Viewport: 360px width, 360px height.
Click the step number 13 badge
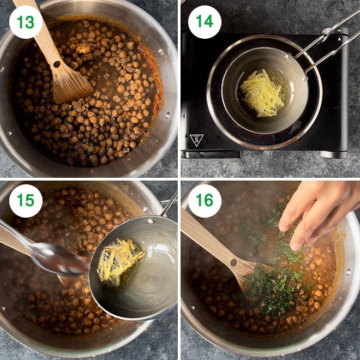26,22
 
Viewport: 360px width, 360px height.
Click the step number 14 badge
205,22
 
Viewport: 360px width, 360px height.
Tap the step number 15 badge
26,201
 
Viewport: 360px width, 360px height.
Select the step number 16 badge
205,201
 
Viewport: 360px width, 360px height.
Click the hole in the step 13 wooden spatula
57,64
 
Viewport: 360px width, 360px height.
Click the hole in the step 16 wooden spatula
233,262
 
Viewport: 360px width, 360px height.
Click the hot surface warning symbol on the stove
196,140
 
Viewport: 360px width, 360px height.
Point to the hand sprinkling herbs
316,213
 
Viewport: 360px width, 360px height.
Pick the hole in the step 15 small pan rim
149,220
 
